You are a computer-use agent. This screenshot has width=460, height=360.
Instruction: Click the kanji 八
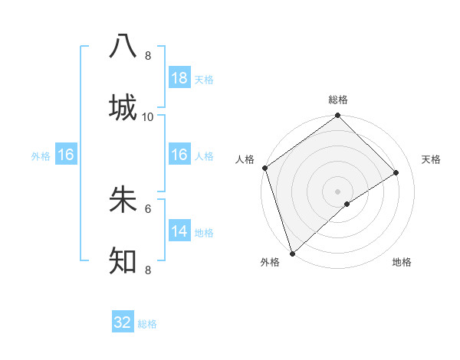pyautogui.click(x=123, y=46)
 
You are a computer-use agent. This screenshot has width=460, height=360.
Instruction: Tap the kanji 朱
pyautogui.click(x=123, y=199)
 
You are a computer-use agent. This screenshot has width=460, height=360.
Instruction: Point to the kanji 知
pyautogui.click(x=123, y=260)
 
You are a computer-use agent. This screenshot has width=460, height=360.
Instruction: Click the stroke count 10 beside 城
pyautogui.click(x=148, y=116)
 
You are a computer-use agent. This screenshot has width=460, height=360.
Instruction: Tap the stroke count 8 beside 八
pyautogui.click(x=148, y=56)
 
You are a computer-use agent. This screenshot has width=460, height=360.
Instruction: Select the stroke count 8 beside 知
pyautogui.click(x=148, y=270)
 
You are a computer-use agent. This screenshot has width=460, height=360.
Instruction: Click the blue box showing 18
pyautogui.click(x=179, y=77)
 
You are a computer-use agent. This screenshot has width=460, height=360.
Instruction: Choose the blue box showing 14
pyautogui.click(x=179, y=231)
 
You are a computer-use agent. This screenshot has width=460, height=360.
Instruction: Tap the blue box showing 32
pyautogui.click(x=123, y=322)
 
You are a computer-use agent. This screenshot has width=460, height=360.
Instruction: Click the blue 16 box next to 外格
pyautogui.click(x=66, y=155)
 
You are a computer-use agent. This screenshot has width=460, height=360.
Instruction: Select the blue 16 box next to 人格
pyautogui.click(x=179, y=155)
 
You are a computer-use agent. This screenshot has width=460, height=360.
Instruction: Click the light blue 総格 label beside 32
pyautogui.click(x=148, y=324)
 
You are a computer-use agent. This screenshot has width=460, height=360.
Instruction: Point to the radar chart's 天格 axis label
pyautogui.click(x=431, y=159)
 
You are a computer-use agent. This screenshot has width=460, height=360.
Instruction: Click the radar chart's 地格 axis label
pyautogui.click(x=402, y=263)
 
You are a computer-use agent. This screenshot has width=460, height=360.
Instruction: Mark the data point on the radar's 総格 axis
pyautogui.click(x=337, y=116)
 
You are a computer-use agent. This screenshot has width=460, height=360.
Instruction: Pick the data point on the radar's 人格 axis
pyautogui.click(x=264, y=168)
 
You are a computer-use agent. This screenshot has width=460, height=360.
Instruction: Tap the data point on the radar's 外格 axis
pyautogui.click(x=292, y=253)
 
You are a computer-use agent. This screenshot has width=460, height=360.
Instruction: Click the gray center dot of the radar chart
pyautogui.click(x=337, y=191)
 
